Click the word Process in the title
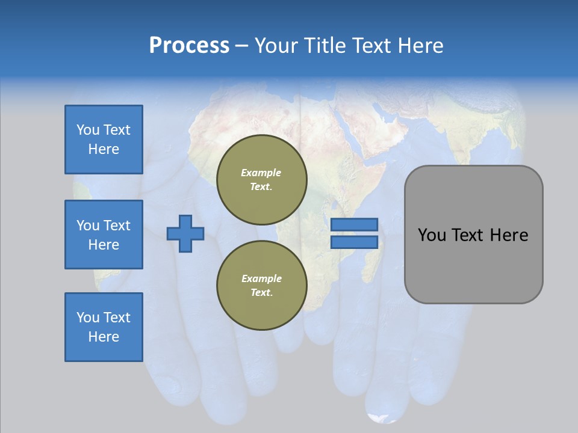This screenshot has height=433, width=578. [x=189, y=45]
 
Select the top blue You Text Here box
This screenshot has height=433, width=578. [x=104, y=140]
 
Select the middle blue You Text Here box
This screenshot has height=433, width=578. [x=104, y=235]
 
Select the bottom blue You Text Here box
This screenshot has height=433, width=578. [x=104, y=327]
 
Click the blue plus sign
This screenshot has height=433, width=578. [x=185, y=233]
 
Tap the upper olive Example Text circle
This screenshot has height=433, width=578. [x=262, y=179]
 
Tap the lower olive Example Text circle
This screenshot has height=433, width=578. [x=262, y=285]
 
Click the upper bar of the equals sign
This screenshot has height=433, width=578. [x=354, y=224]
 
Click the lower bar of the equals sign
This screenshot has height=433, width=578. [x=354, y=242]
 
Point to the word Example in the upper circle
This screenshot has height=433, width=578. [x=261, y=173]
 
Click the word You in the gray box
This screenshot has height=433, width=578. [x=432, y=235]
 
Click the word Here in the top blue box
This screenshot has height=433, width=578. [x=104, y=149]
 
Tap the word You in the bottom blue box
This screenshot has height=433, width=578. [x=88, y=318]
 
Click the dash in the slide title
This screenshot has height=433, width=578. [x=242, y=46]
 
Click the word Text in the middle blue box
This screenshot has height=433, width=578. [x=117, y=226]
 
